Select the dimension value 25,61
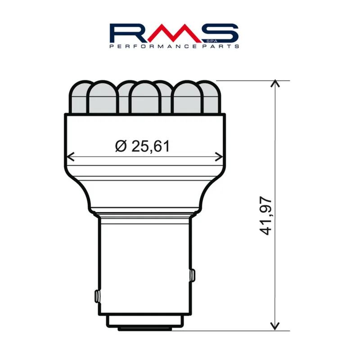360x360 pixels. pos(151,146)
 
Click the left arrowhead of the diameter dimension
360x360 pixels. pos(70,157)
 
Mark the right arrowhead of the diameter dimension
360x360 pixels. pos(219,157)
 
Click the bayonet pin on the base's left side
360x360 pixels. pos(97,296)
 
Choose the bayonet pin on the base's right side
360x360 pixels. pos(193,274)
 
